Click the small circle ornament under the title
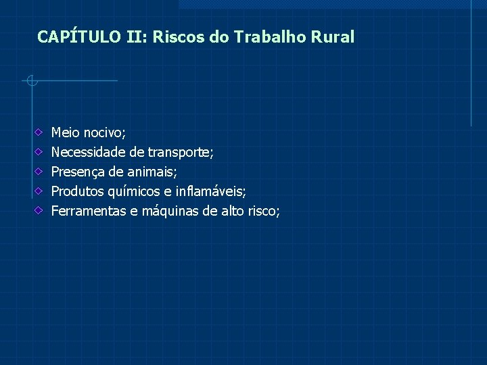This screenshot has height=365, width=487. (x=31, y=81)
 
